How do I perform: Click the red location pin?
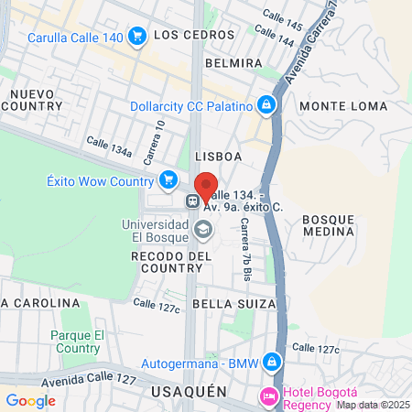coord(206,186)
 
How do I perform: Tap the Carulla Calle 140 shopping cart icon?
coord(137,37)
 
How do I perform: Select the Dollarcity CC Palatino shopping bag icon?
coord(266,105)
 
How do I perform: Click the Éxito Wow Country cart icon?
coord(168,179)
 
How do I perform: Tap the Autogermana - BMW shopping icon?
coord(270,363)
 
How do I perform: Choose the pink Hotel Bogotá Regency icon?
coord(270,396)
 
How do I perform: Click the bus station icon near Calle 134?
coord(193,201)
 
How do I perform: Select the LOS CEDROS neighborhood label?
coord(187,36)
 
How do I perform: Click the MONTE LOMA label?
coord(331,106)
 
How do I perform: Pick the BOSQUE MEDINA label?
coord(327,225)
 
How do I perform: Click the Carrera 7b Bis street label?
coord(245,254)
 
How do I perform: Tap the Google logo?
coord(30,400)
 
